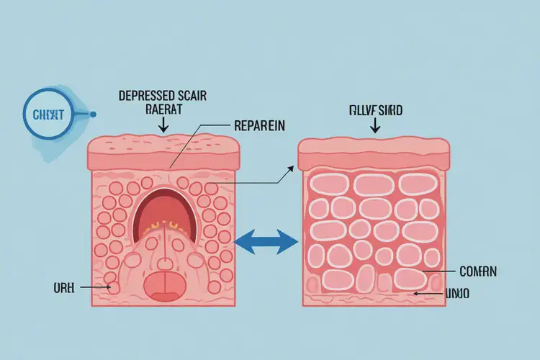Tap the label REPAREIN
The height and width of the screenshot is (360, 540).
pyautogui.click(x=260, y=125)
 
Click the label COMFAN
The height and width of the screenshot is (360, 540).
pyautogui.click(x=477, y=272)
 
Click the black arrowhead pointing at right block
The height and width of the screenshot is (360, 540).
pyautogui.click(x=290, y=168)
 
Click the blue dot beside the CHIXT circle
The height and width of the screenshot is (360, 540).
pyautogui.click(x=93, y=114)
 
